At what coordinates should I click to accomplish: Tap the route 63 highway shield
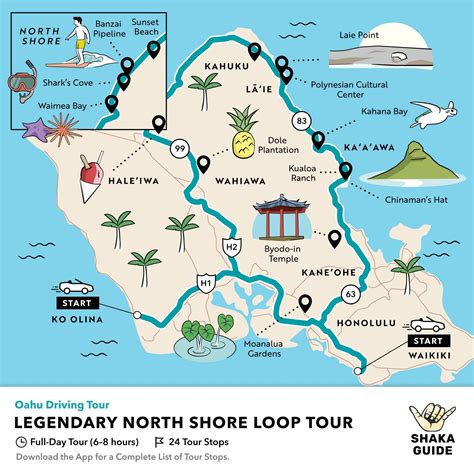click(349, 294)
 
